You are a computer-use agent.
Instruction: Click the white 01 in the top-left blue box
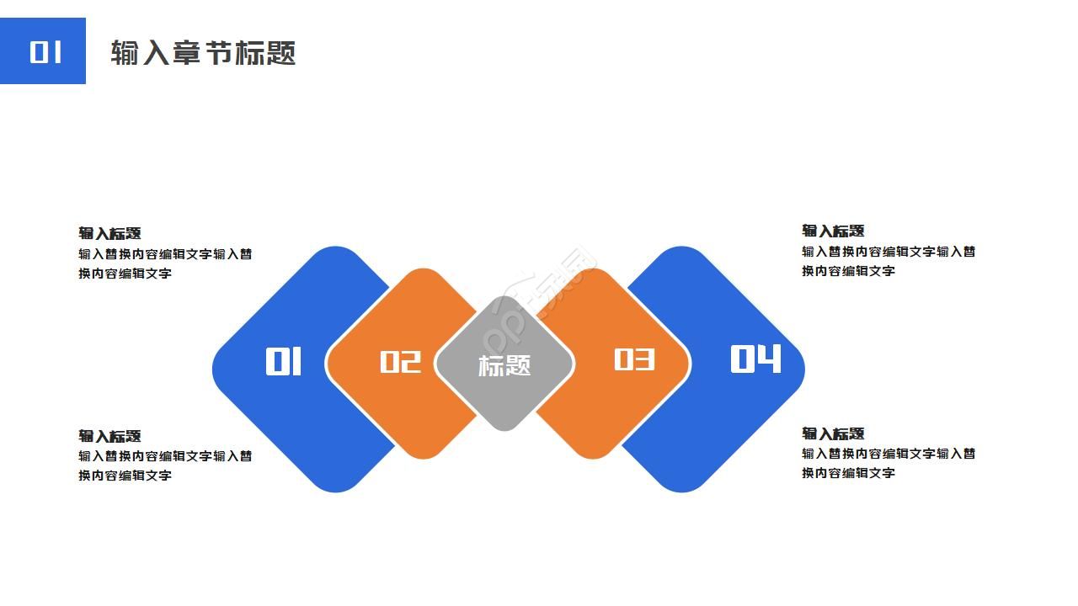point(45,52)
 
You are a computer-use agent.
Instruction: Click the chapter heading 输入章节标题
point(203,53)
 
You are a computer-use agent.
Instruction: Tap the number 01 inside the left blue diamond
point(284,362)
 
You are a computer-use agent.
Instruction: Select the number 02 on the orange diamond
point(400,362)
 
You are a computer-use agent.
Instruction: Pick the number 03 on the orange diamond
point(634,360)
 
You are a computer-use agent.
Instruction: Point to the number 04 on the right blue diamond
point(755,359)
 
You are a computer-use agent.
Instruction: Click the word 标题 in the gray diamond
point(504,365)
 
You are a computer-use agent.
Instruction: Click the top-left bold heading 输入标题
point(109,233)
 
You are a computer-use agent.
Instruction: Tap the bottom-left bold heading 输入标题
point(109,436)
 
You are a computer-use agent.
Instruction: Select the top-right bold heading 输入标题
point(833,231)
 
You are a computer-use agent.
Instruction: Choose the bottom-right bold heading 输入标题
point(833,433)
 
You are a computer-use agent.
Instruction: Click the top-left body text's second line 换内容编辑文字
point(125,274)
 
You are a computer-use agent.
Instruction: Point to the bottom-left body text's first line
point(165,456)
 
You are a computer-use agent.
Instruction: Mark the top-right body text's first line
point(889,252)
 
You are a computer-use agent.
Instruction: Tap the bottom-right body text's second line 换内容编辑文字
point(848,473)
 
